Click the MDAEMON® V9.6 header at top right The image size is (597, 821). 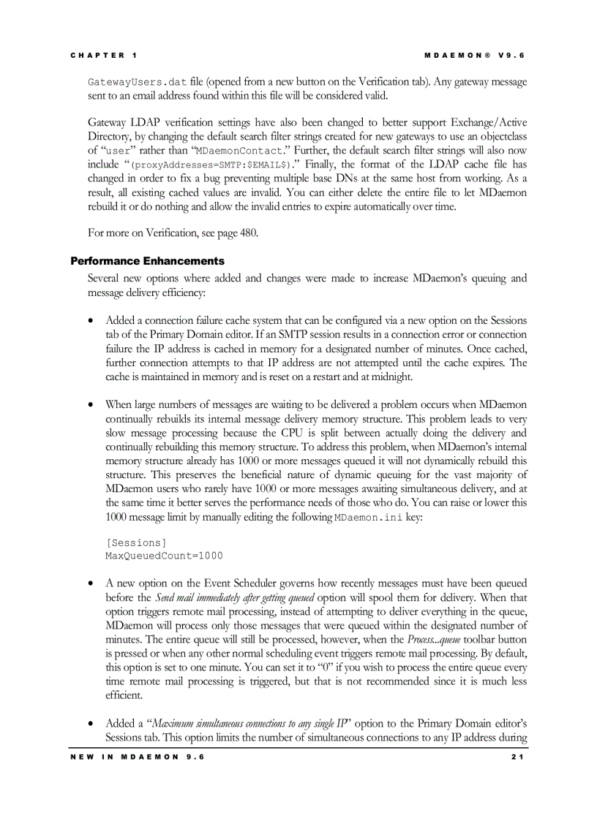475,56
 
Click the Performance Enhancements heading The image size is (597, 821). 147,261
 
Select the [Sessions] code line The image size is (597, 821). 136,542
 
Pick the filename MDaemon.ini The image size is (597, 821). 368,518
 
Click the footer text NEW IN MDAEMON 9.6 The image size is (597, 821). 138,757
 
